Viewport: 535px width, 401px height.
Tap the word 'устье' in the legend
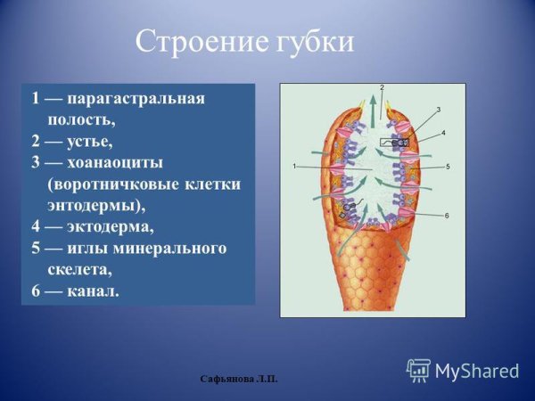coord(91,141)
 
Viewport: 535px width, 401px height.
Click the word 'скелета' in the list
coord(82,269)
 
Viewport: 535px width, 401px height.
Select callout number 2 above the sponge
coord(381,88)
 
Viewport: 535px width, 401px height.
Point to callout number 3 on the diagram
coord(438,110)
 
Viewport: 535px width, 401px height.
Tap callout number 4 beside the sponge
coord(443,133)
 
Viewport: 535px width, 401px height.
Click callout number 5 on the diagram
coord(448,167)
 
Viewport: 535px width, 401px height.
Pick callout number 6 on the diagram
coord(446,216)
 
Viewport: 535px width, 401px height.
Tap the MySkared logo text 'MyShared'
coord(477,371)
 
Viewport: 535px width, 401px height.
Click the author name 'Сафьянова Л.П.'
coord(239,380)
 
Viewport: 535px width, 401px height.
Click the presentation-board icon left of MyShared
coord(419,371)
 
